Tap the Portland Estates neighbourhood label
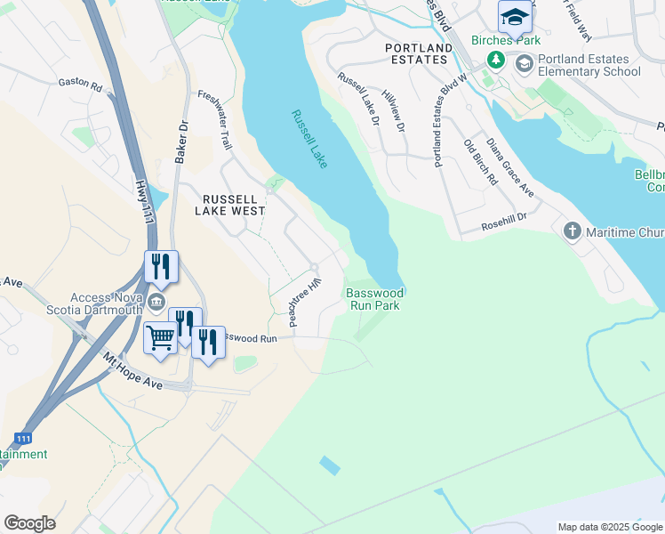pos(416,53)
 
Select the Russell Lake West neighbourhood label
pos(230,205)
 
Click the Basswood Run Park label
pos(374,298)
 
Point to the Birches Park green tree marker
pos(495,60)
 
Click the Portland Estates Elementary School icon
pos(524,63)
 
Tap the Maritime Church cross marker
pos(573,232)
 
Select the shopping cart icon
pos(160,338)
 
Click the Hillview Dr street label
pos(393,111)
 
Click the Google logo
pos(29,523)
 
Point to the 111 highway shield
pos(23,439)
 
